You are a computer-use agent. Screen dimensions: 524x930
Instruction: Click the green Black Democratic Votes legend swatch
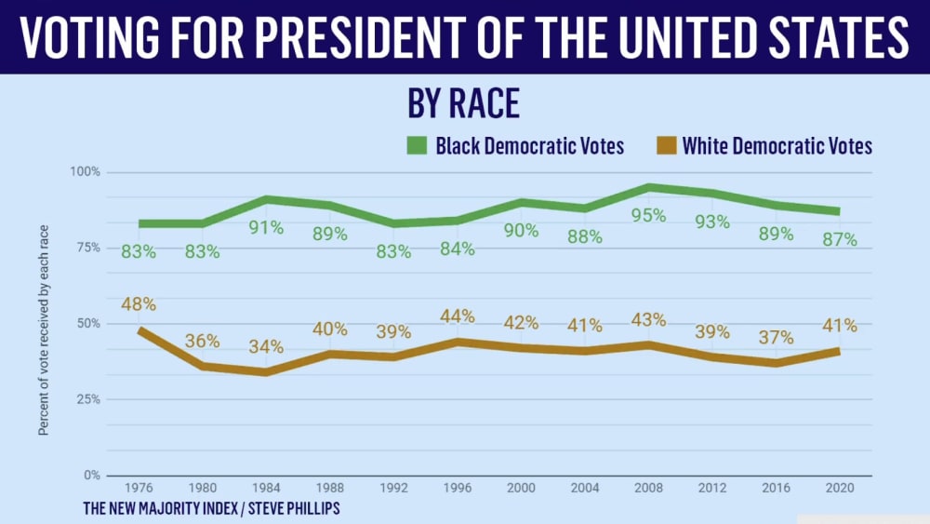click(x=416, y=146)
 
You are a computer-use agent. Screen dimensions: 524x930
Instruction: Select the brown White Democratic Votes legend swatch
click(x=664, y=146)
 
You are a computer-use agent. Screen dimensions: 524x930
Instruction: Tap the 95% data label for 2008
click(x=649, y=215)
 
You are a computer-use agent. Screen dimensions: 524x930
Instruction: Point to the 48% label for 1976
click(x=137, y=304)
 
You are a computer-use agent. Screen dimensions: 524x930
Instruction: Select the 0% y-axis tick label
click(x=91, y=476)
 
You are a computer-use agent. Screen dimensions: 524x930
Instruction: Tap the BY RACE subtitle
click(x=462, y=104)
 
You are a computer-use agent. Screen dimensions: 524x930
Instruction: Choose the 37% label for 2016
click(x=776, y=336)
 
